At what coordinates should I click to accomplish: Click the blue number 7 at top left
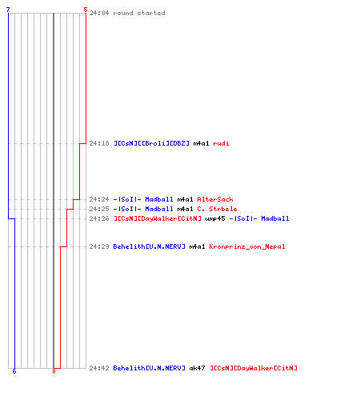(8, 10)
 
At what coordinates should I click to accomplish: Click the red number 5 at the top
(86, 10)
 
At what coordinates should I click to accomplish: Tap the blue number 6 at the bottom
(14, 371)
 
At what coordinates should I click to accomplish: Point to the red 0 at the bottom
(54, 371)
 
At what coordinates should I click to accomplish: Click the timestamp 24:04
(99, 13)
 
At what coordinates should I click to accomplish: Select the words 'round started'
(139, 13)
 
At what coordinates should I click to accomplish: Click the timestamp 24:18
(99, 143)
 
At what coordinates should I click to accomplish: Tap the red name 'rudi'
(221, 143)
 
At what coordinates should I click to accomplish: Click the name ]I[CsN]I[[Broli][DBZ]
(151, 143)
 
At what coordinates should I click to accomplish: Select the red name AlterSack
(215, 199)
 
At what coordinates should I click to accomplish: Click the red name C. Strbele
(217, 209)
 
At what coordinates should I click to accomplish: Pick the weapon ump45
(215, 218)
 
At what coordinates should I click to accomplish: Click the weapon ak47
(197, 368)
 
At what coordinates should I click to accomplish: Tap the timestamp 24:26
(99, 218)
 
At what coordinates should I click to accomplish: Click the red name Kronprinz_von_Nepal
(247, 246)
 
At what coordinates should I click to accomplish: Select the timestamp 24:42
(99, 368)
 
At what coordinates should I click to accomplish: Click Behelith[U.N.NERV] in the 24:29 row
(150, 246)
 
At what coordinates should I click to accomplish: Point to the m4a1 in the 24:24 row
(185, 199)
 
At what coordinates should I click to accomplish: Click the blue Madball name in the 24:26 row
(275, 218)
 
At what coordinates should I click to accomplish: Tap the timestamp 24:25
(99, 209)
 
